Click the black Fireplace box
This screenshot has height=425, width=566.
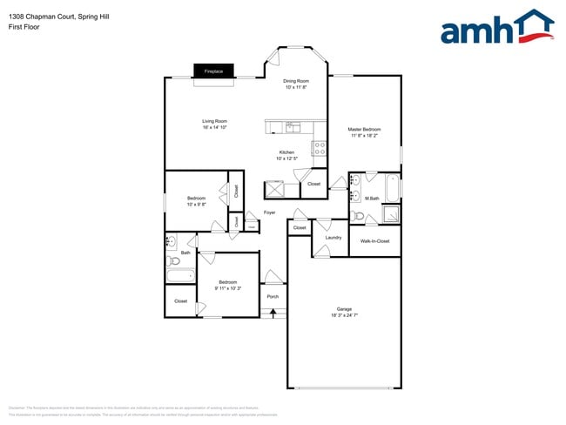click(x=213, y=71)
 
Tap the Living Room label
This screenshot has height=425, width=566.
click(x=214, y=121)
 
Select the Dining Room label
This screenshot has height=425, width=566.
click(x=296, y=81)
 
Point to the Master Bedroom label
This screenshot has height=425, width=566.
click(x=365, y=130)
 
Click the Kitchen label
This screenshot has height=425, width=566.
click(x=286, y=152)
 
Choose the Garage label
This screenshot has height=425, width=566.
click(x=344, y=309)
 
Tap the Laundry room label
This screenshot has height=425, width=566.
click(x=333, y=237)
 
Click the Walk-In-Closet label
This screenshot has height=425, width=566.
click(x=375, y=241)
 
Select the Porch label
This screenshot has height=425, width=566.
click(x=273, y=296)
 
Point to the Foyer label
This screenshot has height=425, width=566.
click(x=270, y=212)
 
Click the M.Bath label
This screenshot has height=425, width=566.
click(x=372, y=199)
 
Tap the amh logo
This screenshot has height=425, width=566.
click(x=496, y=27)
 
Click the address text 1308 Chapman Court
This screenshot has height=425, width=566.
click(x=35, y=17)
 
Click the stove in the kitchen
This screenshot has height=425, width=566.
click(x=319, y=147)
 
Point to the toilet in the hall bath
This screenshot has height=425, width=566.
click(x=173, y=260)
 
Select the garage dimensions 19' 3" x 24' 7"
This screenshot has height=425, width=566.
click(x=344, y=315)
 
